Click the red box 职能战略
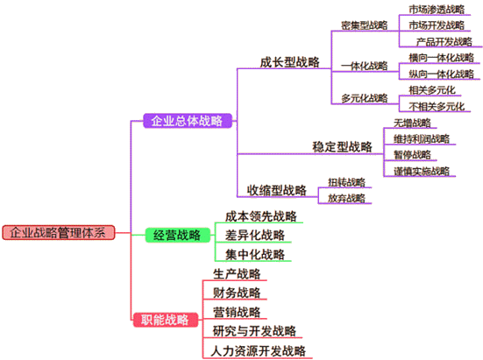165,320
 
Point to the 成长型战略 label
290,63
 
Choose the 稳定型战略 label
342,146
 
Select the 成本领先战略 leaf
260,215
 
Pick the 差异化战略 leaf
254,235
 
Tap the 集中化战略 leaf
254,255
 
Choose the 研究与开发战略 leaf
254,331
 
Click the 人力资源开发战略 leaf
259,350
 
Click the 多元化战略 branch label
364,97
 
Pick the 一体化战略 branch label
364,65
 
